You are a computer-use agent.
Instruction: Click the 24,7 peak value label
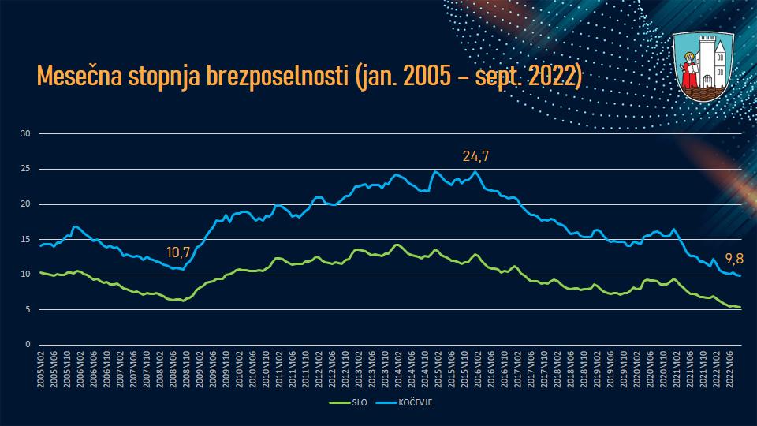(x=475, y=156)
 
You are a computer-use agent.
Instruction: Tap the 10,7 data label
(x=179, y=252)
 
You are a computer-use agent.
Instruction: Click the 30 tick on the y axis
(x=24, y=133)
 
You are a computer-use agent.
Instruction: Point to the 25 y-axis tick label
(x=24, y=169)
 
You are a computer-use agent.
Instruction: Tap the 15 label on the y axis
(x=24, y=239)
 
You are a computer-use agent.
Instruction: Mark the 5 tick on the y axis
(x=27, y=309)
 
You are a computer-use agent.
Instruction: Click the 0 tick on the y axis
(x=27, y=345)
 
